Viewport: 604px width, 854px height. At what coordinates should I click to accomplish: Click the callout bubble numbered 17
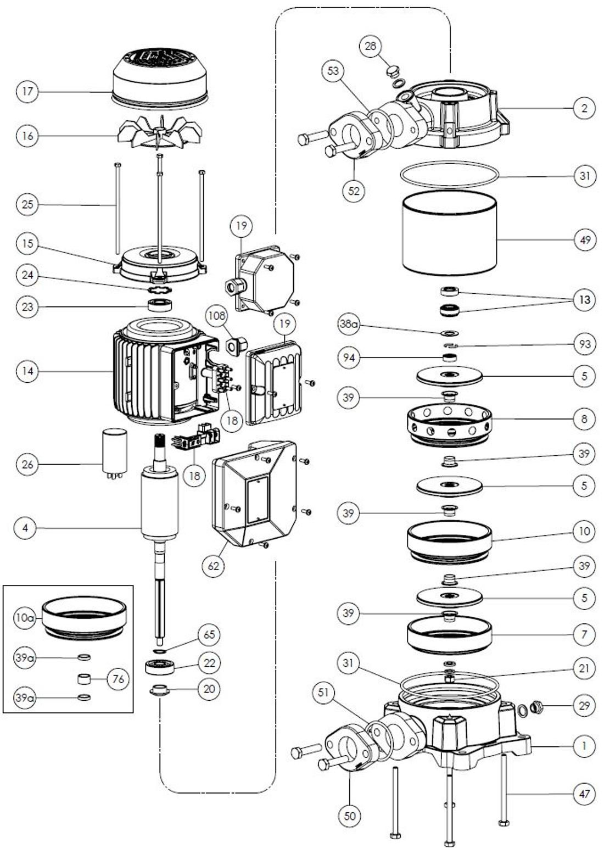tap(27, 91)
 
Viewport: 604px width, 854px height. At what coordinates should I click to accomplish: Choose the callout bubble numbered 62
tap(213, 565)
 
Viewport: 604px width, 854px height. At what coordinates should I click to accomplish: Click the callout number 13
tap(584, 300)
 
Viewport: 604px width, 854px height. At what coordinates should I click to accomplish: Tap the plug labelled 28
tap(392, 71)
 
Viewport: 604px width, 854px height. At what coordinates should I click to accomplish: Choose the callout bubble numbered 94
tap(349, 358)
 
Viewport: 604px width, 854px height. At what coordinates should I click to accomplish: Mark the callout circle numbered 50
tap(350, 816)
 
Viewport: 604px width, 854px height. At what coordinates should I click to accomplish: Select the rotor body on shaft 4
tap(160, 503)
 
